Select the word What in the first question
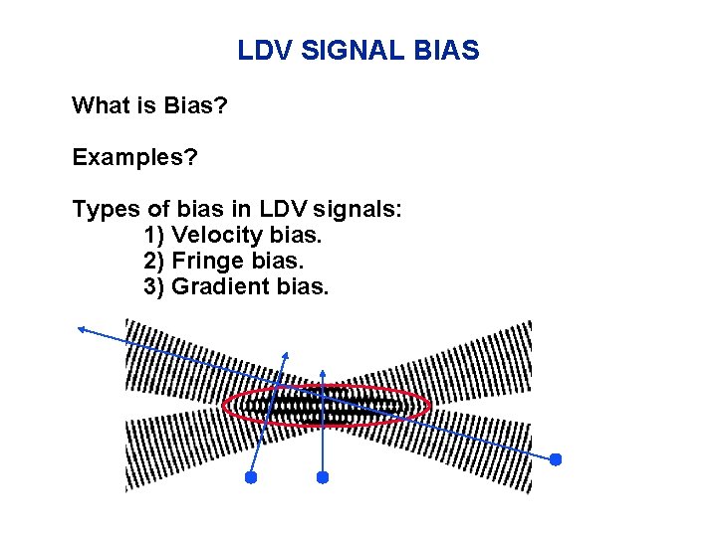tap(98, 104)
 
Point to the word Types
tap(103, 210)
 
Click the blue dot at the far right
tap(556, 459)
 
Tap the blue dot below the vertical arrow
tap(322, 477)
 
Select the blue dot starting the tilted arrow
tap(251, 477)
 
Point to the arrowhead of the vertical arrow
tap(322, 363)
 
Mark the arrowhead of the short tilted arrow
tap(286, 355)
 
